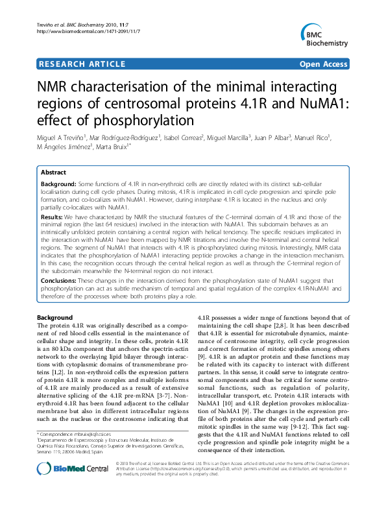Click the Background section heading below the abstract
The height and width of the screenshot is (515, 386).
[x=55, y=317]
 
